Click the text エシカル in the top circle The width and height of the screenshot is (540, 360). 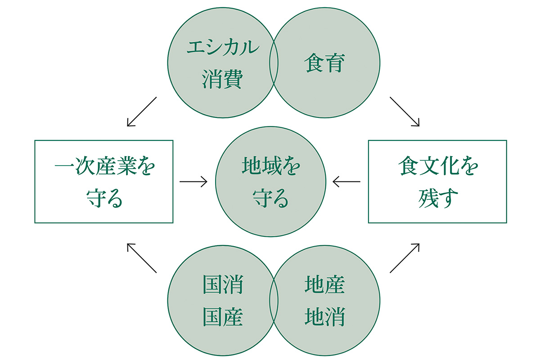[223, 48]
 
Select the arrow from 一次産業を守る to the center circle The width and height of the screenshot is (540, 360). [193, 182]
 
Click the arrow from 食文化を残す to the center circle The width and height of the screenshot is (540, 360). [346, 182]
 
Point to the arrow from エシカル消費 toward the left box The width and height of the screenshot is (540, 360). [141, 112]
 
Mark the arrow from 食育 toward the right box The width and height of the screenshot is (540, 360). [405, 112]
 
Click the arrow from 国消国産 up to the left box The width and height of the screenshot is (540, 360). [141, 258]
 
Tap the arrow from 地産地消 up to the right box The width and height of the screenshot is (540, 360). [405, 258]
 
